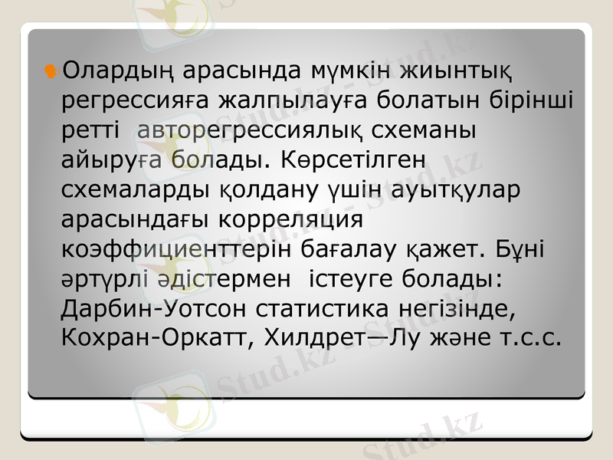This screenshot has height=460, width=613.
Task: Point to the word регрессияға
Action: (x=134, y=103)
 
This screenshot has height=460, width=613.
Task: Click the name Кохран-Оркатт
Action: (x=152, y=337)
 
